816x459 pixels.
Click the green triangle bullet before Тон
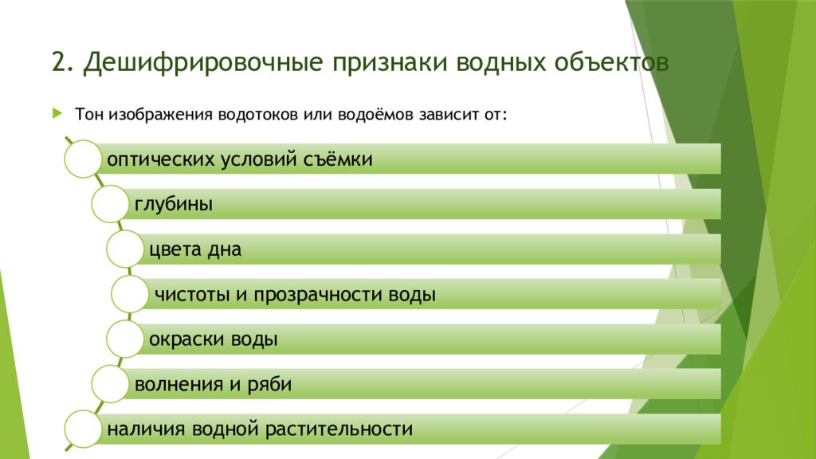coord(57,113)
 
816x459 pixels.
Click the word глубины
coord(173,205)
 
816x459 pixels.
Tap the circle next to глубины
coord(109,204)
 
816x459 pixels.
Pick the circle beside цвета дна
coord(125,249)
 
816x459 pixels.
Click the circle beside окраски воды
coord(125,339)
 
